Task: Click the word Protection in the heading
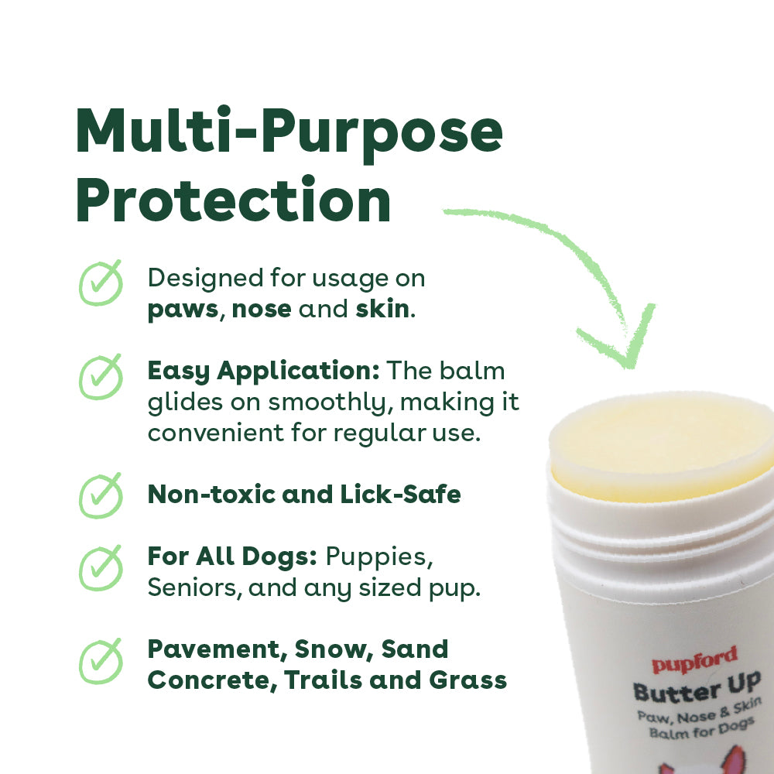[234, 200]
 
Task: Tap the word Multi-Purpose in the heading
[289, 132]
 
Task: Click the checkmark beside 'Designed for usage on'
[101, 283]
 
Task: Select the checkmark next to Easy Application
[101, 377]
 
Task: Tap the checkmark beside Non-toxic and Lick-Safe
[101, 495]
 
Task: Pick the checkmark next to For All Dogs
[101, 568]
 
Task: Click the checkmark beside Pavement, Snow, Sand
[101, 662]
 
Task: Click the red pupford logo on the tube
[694, 660]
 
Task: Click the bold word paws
[183, 310]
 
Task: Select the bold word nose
[262, 310]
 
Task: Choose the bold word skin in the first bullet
[382, 309]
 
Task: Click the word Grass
[468, 680]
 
